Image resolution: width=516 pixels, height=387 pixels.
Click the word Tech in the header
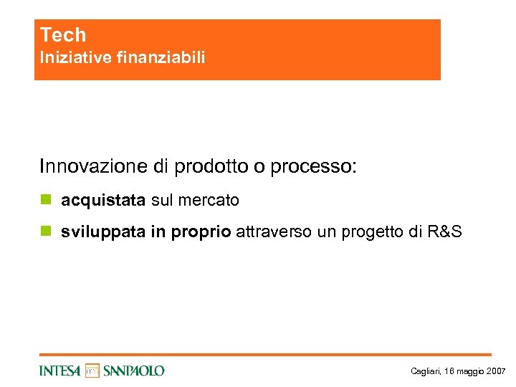pyautogui.click(x=63, y=35)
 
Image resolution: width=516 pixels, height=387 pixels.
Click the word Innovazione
pyautogui.click(x=93, y=167)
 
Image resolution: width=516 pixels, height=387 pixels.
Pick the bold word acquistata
pyautogui.click(x=104, y=201)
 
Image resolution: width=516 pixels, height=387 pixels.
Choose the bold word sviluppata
pyautogui.click(x=102, y=231)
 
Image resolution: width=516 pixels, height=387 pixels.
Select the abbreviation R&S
pyautogui.click(x=444, y=231)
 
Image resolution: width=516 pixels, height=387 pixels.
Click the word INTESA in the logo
pyautogui.click(x=61, y=371)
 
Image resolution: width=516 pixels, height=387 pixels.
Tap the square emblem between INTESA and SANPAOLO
pyautogui.click(x=92, y=370)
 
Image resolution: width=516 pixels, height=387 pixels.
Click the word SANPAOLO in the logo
pyautogui.click(x=134, y=371)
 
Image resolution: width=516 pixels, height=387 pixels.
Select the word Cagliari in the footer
pyautogui.click(x=426, y=371)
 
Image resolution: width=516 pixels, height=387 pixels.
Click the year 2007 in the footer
pyautogui.click(x=496, y=371)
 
